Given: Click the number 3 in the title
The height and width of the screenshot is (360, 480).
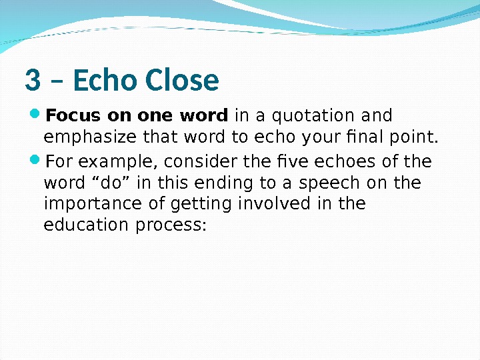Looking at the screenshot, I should pos(32,81).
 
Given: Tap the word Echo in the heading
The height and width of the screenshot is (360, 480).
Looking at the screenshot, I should pos(100,81).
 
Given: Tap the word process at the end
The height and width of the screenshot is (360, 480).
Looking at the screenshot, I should pos(172,225).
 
